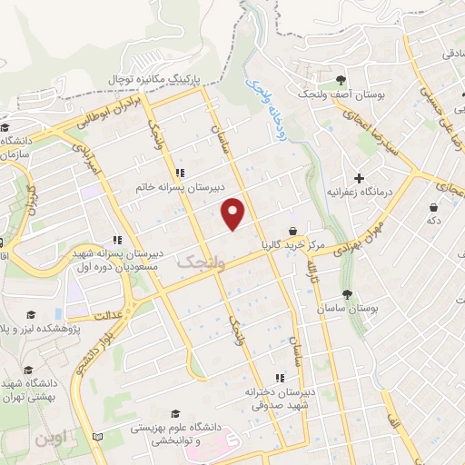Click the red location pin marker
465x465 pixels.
tap(234, 213)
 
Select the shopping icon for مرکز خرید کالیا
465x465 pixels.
tap(292, 232)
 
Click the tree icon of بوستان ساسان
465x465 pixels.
tap(348, 293)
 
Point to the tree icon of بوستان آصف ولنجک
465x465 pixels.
tap(340, 80)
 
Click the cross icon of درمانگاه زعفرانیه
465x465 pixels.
tap(360, 178)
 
